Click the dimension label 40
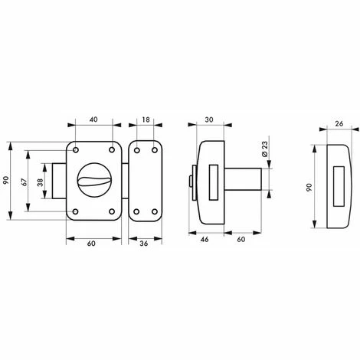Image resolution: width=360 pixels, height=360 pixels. click(x=94, y=119)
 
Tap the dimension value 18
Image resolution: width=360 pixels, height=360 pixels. click(x=146, y=119)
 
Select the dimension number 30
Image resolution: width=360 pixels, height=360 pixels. click(x=209, y=119)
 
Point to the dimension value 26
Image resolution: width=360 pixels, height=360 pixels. click(x=339, y=123)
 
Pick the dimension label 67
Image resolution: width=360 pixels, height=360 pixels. click(x=24, y=182)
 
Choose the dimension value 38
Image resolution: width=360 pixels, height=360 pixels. click(x=41, y=182)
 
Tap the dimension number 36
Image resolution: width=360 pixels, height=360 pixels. click(x=144, y=244)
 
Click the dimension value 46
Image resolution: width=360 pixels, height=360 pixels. click(x=205, y=239)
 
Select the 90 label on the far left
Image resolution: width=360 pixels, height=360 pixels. click(x=6, y=180)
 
